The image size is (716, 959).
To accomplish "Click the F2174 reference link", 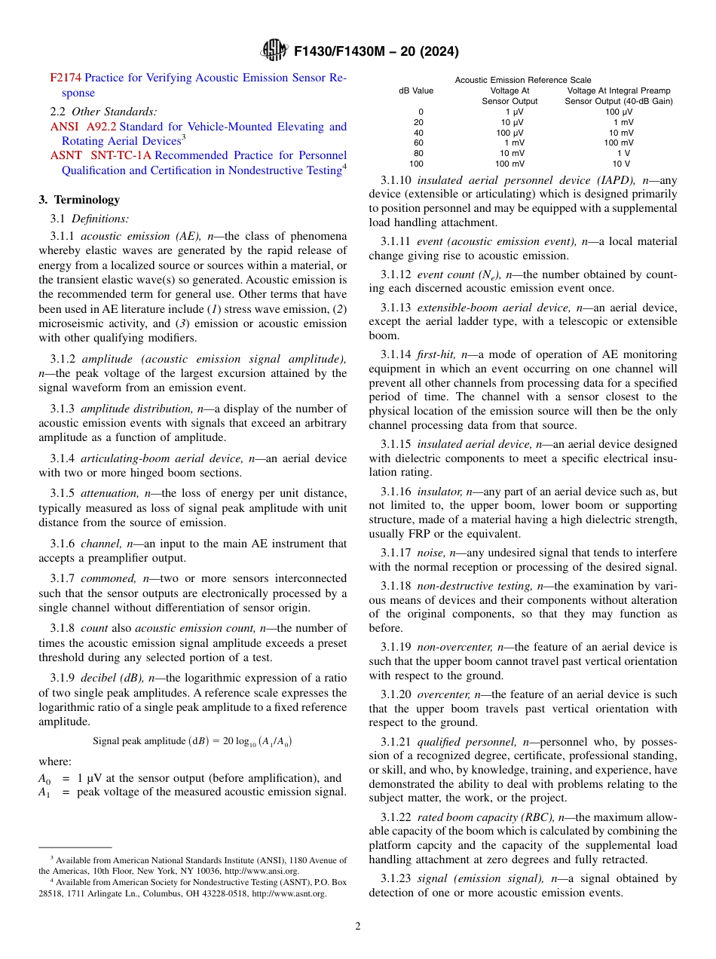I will pyautogui.click(x=66, y=78).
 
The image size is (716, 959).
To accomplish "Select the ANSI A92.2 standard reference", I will pyautogui.click(x=83, y=127).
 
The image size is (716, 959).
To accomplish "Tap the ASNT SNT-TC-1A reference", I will pyautogui.click(x=101, y=155).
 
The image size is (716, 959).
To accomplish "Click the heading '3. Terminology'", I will pyautogui.click(x=79, y=200).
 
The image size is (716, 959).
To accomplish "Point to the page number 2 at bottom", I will pyautogui.click(x=357, y=927).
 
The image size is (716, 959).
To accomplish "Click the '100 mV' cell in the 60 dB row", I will pyautogui.click(x=618, y=142).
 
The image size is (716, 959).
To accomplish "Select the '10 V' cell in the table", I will pyautogui.click(x=620, y=164).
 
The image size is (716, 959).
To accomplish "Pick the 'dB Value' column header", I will pyautogui.click(x=416, y=90).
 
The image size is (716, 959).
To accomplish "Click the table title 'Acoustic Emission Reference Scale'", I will pyautogui.click(x=523, y=80).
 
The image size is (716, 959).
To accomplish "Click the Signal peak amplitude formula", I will pyautogui.click(x=192, y=740).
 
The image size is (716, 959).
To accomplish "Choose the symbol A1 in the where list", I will pyautogui.click(x=44, y=792).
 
